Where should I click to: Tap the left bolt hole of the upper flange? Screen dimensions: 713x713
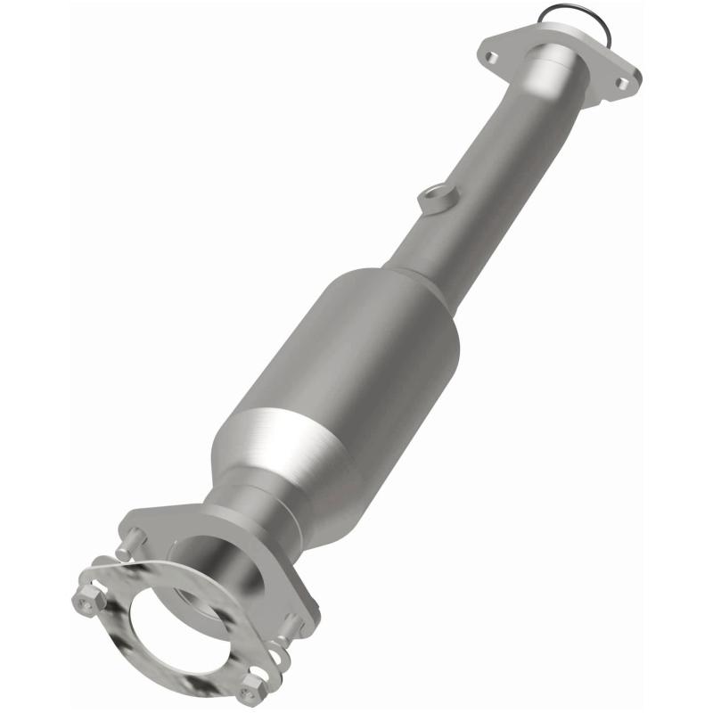coord(490,56)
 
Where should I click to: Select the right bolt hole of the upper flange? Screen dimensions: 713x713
coord(623,84)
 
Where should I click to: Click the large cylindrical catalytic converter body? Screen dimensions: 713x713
coord(356,356)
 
